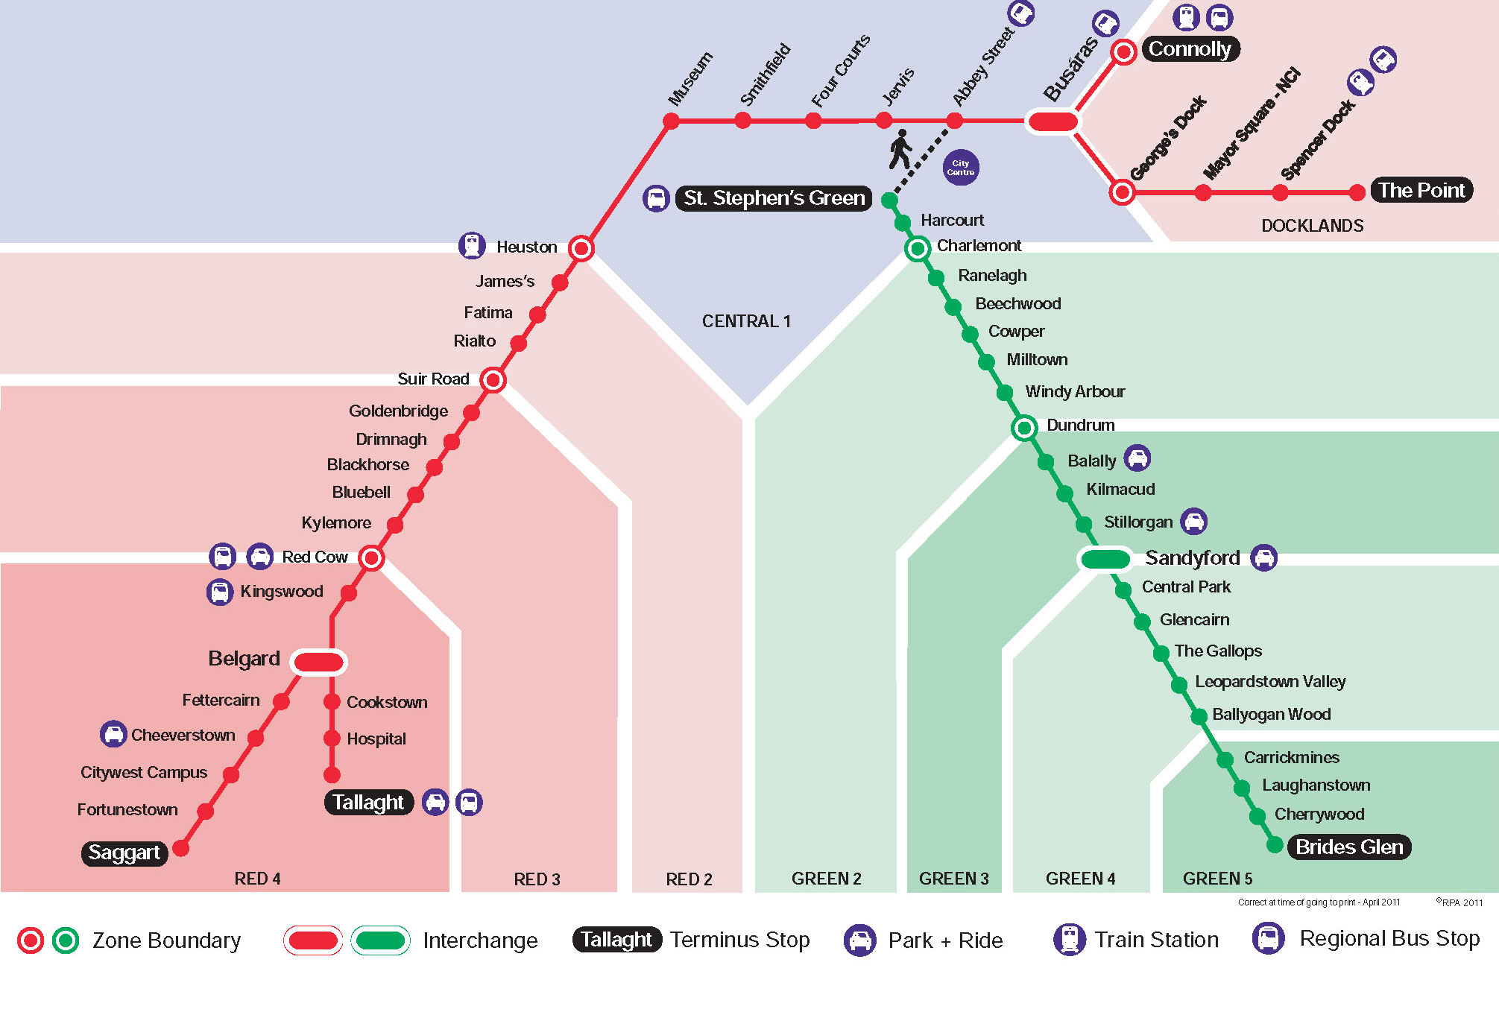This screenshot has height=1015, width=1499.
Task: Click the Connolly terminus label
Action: [x=1190, y=49]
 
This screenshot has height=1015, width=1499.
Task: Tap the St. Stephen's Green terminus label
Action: [x=774, y=198]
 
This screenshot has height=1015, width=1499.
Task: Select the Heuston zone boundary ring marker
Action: [x=581, y=248]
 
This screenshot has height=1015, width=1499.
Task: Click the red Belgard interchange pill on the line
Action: [x=318, y=662]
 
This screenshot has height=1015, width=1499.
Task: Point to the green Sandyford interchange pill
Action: [x=1105, y=559]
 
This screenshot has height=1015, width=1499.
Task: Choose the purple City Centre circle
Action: [x=961, y=168]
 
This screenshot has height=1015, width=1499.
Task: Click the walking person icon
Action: [x=900, y=149]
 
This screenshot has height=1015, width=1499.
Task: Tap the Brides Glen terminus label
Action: [x=1349, y=847]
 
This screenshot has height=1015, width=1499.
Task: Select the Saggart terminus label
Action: [x=124, y=853]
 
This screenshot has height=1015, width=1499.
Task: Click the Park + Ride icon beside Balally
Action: [x=1137, y=458]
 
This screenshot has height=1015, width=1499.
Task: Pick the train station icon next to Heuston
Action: [x=472, y=245]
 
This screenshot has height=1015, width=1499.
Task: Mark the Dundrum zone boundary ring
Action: [x=1024, y=428]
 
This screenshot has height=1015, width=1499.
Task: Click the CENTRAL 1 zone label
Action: [x=746, y=321]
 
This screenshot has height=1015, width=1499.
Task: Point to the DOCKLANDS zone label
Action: [x=1312, y=226]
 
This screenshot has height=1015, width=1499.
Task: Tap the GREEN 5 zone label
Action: [x=1217, y=879]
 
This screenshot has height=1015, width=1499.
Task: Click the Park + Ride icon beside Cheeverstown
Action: [x=113, y=734]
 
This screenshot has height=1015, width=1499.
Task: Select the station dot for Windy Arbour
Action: [x=1005, y=393]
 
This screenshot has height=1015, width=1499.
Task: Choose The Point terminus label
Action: [x=1421, y=191]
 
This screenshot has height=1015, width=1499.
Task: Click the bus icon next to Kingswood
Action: [x=219, y=592]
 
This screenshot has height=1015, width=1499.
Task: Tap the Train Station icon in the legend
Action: [x=1069, y=939]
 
